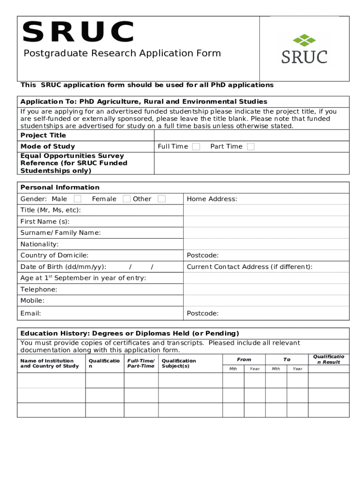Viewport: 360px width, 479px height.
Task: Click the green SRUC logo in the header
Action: coord(304,49)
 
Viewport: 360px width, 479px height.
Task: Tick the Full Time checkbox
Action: coord(196,146)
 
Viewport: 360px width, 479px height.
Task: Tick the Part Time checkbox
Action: coord(251,146)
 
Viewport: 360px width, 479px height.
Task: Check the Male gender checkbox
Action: coord(78,199)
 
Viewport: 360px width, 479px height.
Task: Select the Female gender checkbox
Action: coord(127,199)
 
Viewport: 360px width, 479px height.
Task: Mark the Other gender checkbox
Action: coord(162,199)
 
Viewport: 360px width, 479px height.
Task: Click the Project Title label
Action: coord(43,135)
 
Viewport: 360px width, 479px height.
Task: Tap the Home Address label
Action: coord(212,199)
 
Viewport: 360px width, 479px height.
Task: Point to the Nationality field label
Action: coord(39,244)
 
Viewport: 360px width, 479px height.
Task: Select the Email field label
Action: coord(30,313)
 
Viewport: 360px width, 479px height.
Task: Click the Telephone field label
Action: coord(39,289)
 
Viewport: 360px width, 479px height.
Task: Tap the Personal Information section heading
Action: coord(60,187)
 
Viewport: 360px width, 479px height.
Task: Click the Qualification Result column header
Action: coord(328,359)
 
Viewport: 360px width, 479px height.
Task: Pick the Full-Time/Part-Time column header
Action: coord(141,363)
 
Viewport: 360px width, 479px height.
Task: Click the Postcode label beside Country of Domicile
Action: coord(202,255)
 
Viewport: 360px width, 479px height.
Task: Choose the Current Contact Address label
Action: coord(249,267)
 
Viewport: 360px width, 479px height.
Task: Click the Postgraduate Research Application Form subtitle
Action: coord(122,53)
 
